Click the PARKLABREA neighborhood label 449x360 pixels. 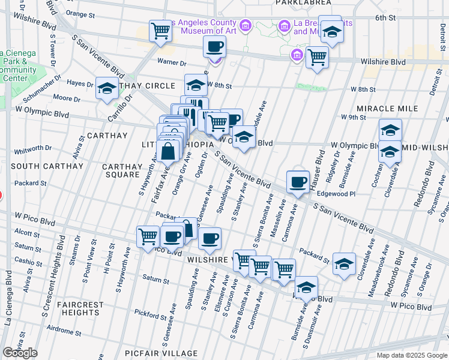(295, 2)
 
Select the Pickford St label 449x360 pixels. (149, 313)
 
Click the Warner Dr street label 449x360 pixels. (172, 62)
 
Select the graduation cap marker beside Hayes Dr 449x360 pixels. (107, 88)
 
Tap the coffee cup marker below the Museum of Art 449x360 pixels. (215, 46)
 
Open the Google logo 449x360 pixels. (20, 353)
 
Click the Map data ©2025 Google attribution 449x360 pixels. (412, 355)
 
